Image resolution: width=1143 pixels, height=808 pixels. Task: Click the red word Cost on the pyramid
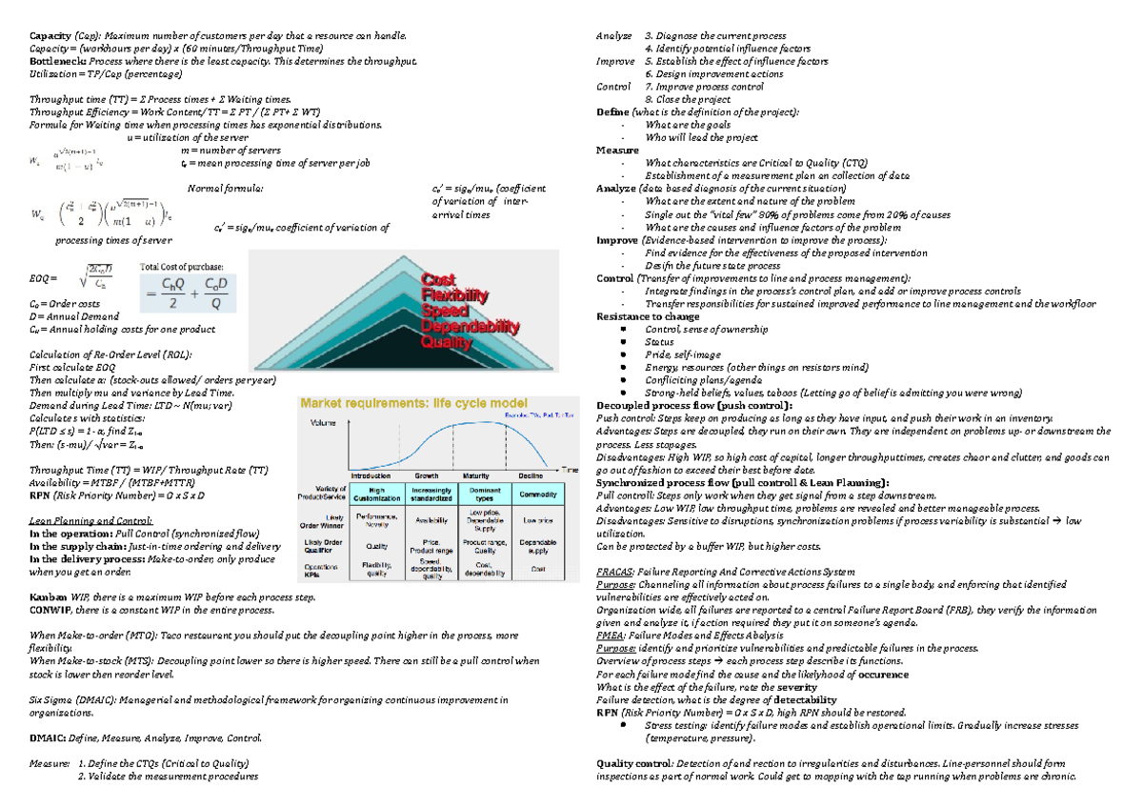[x=439, y=280]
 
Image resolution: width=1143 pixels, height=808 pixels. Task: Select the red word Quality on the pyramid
[x=447, y=341]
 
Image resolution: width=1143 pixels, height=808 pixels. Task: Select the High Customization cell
[x=371, y=495]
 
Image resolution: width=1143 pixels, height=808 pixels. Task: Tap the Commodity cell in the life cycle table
[x=538, y=495]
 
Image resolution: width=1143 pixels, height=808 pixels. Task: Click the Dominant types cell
[x=484, y=495]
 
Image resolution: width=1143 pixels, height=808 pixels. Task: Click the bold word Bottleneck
[x=56, y=60]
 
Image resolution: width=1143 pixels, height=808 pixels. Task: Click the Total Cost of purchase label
[x=182, y=266]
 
